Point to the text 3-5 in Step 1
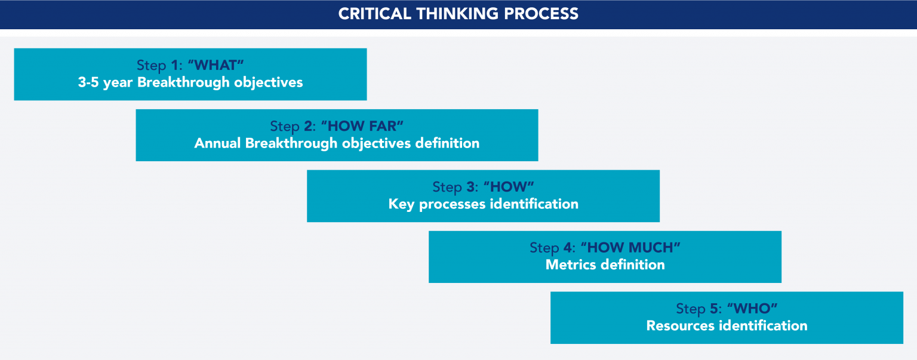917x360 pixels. pos(88,82)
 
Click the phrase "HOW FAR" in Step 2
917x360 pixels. pos(362,127)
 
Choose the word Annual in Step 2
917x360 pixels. pos(218,143)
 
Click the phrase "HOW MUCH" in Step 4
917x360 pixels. pos(630,248)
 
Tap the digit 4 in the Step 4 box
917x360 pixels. pos(571,248)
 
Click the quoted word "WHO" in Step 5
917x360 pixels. pos(752,309)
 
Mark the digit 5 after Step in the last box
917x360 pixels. pos(715,309)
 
